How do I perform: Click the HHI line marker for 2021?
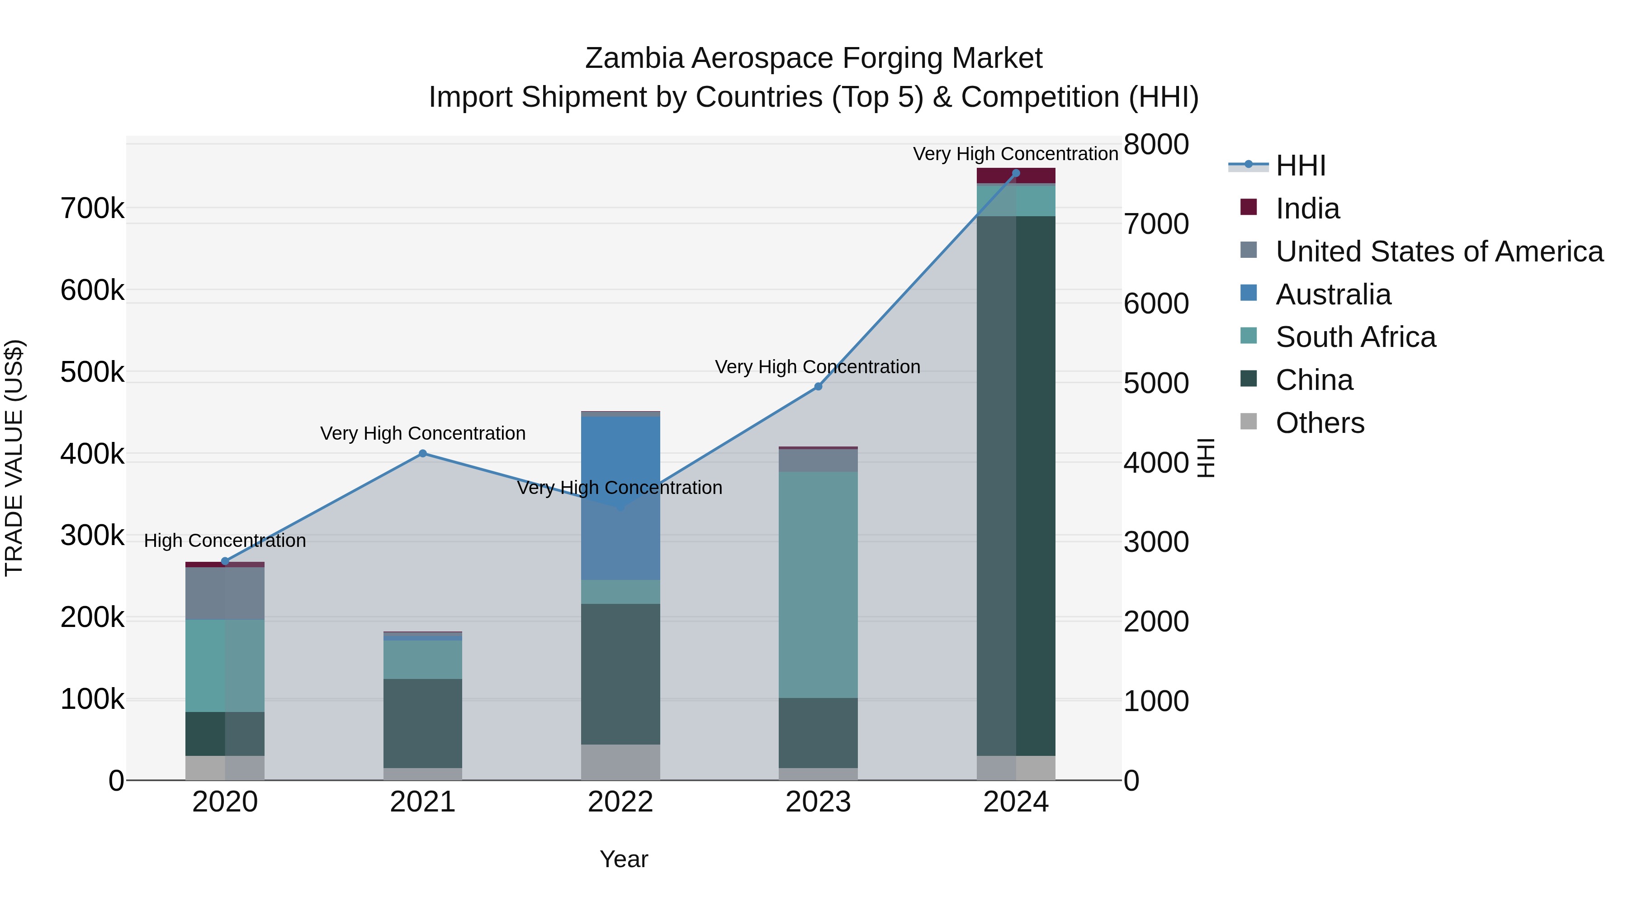pos(423,453)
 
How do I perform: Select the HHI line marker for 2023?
pos(818,386)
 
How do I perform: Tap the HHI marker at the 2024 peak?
pos(1016,173)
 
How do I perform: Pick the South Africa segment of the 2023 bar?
pos(818,585)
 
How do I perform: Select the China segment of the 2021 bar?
pos(423,723)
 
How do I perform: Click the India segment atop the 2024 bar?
pos(1016,176)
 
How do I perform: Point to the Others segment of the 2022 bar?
pos(620,762)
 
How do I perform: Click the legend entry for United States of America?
pos(1439,252)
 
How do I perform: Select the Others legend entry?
pos(1320,423)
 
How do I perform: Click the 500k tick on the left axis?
pos(92,372)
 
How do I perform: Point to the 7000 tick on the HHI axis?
pos(1156,224)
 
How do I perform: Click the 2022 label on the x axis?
pos(620,802)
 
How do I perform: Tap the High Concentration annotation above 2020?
pos(225,541)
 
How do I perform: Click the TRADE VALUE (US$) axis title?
pos(14,458)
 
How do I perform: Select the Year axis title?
pos(623,859)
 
